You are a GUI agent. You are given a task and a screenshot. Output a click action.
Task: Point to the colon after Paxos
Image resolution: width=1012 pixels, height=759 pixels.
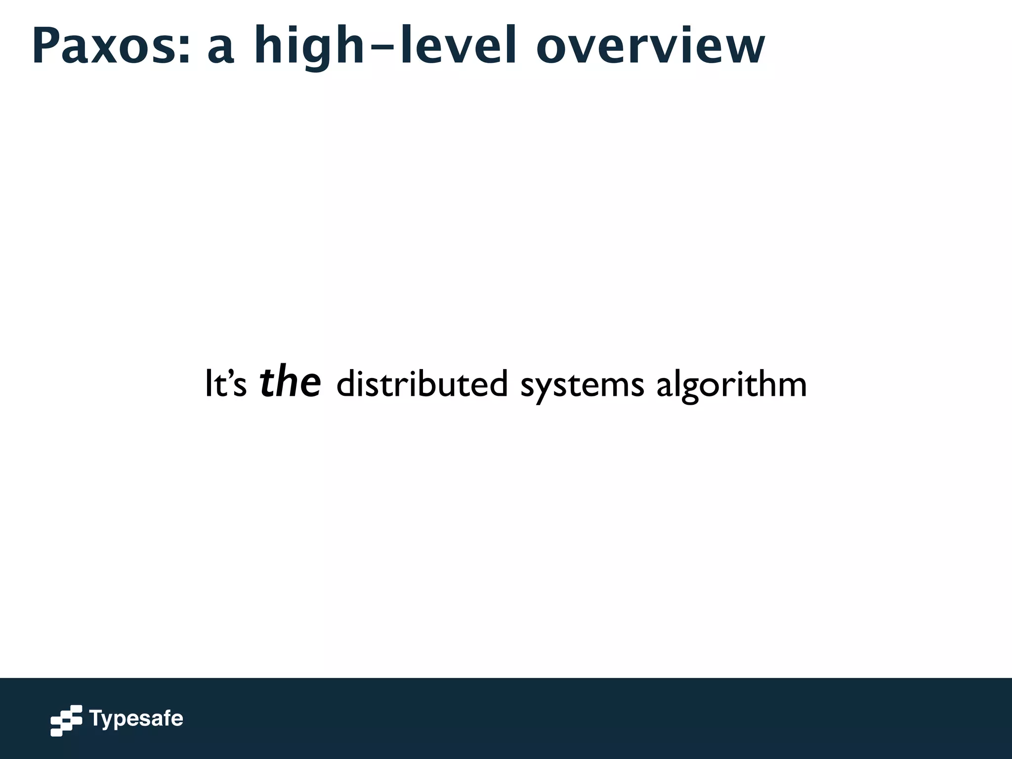(184, 52)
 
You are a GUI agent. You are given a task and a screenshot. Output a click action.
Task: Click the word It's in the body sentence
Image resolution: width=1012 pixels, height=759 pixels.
(225, 384)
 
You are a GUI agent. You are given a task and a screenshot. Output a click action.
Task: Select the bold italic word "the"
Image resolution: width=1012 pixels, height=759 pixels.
(291, 381)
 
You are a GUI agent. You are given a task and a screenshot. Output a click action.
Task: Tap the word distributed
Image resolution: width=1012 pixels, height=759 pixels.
(422, 383)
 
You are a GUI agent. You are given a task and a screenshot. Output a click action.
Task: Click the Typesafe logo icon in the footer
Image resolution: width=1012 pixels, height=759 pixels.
(66, 720)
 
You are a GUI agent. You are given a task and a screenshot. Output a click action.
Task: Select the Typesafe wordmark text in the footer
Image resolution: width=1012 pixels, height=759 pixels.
(136, 719)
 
